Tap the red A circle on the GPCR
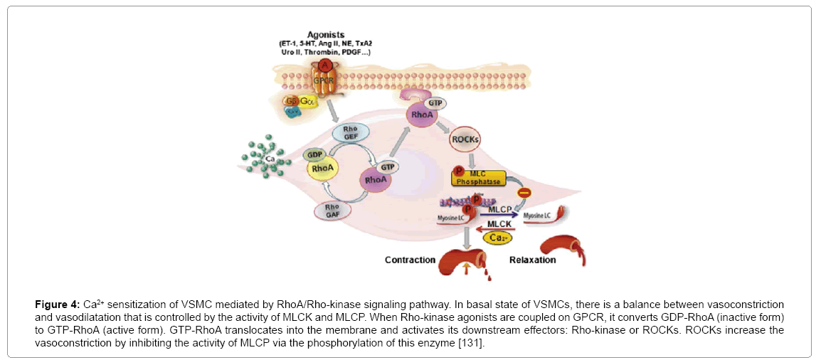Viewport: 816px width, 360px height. [325, 65]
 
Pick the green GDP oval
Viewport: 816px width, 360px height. [314, 155]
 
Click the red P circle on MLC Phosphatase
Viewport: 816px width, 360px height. [459, 172]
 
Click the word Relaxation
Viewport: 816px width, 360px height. [532, 260]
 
